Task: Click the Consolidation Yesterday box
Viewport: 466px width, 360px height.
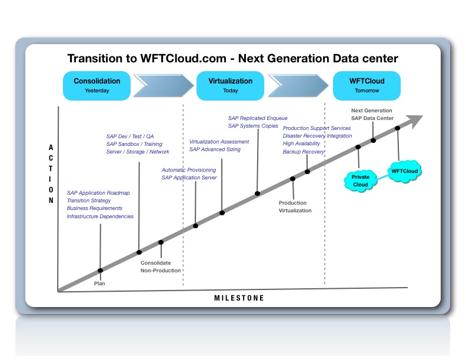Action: click(x=96, y=85)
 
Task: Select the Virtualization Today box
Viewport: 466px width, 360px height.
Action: click(x=230, y=85)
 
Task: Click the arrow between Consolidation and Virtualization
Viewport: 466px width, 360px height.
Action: click(x=163, y=85)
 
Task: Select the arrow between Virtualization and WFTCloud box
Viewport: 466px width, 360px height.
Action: click(x=298, y=85)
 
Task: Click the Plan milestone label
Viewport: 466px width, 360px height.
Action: click(x=100, y=283)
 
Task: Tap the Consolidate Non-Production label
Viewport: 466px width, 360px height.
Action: click(x=161, y=266)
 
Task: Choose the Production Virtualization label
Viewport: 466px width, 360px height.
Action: click(x=295, y=206)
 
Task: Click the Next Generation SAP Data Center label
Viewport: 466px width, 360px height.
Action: click(x=371, y=114)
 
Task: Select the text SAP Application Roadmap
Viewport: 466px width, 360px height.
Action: click(x=98, y=192)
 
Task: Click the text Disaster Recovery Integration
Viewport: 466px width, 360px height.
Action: click(x=317, y=136)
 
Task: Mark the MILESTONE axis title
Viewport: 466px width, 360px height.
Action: click(x=238, y=298)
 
